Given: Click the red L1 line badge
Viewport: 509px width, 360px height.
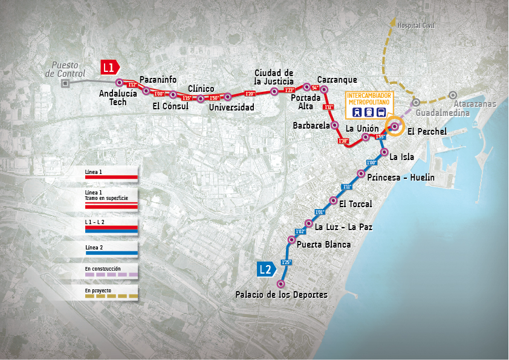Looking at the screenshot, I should coord(109,68).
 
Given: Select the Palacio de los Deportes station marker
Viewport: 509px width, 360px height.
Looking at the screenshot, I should coord(280,284).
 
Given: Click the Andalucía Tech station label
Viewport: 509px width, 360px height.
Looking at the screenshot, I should coord(113,97).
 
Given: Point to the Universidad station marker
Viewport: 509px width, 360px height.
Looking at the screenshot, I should coord(228,97).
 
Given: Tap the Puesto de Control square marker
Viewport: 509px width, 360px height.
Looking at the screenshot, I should coord(65,85).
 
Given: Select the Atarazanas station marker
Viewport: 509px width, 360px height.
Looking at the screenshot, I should coord(453,95).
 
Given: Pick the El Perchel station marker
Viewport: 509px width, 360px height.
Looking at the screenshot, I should coord(395,126).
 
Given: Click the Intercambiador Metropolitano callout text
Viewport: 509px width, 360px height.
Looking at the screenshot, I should coord(369,99).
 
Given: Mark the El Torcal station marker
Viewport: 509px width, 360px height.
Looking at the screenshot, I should coord(333,201).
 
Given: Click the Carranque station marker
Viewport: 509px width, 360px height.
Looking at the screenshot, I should coord(324,89).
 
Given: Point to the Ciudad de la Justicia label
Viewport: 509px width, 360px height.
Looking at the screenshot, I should coord(274,77).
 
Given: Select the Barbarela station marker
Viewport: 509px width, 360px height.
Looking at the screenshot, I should coord(334,125).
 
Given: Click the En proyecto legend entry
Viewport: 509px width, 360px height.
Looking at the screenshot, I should coord(111,294).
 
